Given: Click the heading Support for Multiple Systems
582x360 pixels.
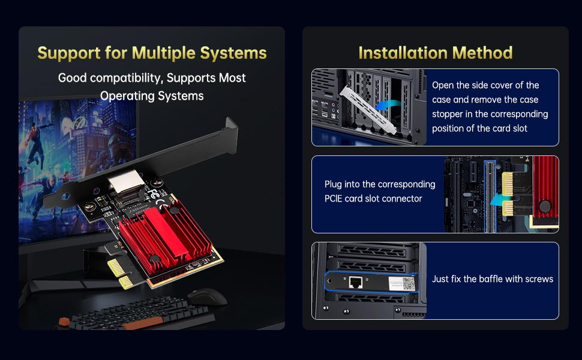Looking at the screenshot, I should (x=152, y=53).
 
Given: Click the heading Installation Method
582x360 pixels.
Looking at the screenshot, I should (x=435, y=53).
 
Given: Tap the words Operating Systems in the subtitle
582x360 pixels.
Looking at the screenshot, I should (x=152, y=96).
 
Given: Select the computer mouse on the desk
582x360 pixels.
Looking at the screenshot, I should (x=206, y=297).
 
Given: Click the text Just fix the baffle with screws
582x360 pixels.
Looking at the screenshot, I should (x=493, y=279).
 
